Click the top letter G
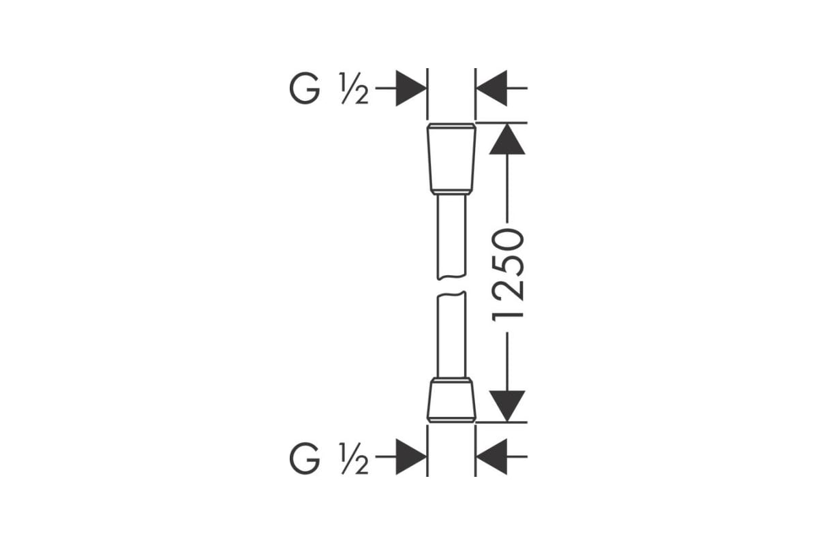pos(305,89)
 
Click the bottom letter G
pos(305,458)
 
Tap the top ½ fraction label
pos(354,89)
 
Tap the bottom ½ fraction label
pos(354,458)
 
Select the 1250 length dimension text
pos(508,275)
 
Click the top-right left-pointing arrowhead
pos(492,89)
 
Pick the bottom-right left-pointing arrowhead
pos(492,456)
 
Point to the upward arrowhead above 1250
pos(507,139)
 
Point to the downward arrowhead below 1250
pos(507,406)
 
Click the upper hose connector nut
pos(451,159)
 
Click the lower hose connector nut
pos(451,401)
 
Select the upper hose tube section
pos(451,237)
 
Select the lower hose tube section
pos(451,334)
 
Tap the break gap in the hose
pos(451,285)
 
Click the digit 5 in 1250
pos(508,263)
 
